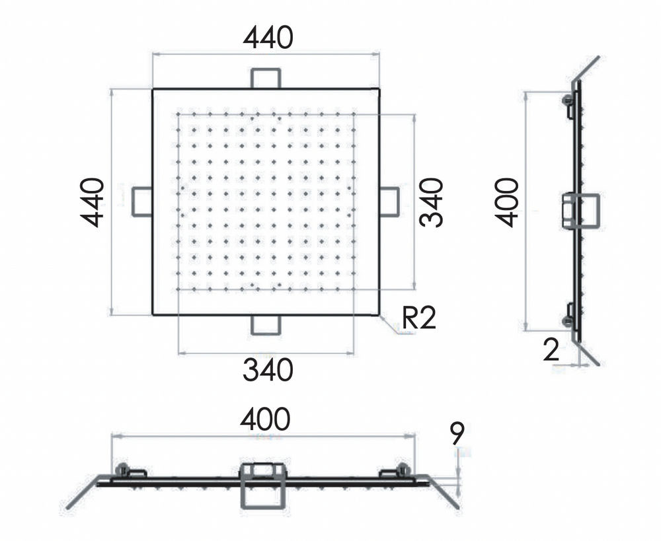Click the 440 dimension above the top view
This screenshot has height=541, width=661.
(x=268, y=37)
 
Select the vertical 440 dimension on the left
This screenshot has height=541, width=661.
(x=92, y=202)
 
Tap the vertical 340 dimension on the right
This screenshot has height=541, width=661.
(x=431, y=202)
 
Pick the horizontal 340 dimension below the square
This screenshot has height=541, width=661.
(x=268, y=369)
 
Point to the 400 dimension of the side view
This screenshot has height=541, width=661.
(x=506, y=202)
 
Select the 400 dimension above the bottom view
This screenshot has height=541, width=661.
(x=265, y=419)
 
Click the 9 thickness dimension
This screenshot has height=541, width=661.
(x=457, y=433)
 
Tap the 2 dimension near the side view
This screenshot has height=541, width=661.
(x=551, y=350)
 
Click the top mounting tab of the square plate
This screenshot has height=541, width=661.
(x=266, y=79)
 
